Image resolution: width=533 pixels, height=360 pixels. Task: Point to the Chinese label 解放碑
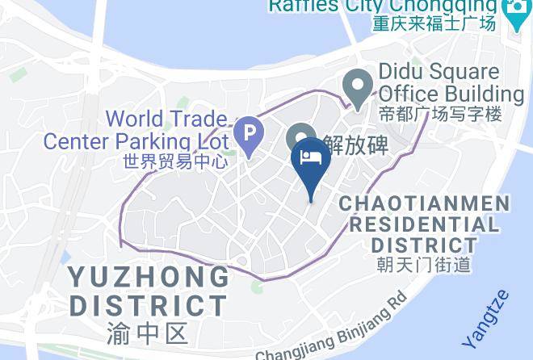(355, 144)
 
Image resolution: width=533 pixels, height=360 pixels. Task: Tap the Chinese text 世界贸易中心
(175, 161)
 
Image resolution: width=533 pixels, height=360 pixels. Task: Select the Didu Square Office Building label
(451, 82)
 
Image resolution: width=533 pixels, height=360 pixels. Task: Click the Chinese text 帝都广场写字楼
(441, 113)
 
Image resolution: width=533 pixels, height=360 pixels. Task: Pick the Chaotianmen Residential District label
(425, 224)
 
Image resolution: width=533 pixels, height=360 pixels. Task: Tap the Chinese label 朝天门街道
(424, 264)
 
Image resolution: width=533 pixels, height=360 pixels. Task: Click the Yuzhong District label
(149, 291)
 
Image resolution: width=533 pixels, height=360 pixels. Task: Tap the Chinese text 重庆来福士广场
(434, 23)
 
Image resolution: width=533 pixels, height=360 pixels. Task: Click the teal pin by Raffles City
(514, 10)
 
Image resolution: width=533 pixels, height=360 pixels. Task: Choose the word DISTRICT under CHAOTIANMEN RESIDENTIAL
(425, 244)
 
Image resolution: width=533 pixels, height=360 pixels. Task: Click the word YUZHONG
(149, 277)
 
